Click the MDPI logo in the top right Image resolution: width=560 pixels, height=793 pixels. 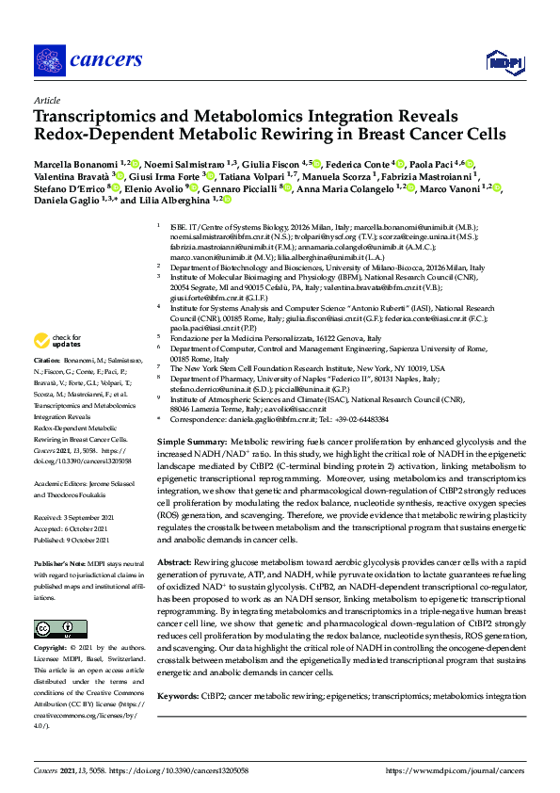pyautogui.click(x=505, y=62)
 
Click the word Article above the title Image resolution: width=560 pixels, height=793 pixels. pyautogui.click(x=46, y=99)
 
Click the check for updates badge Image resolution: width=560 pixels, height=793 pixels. pyautogui.click(x=56, y=340)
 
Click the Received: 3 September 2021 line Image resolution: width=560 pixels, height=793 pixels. pyautogui.click(x=75, y=517)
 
